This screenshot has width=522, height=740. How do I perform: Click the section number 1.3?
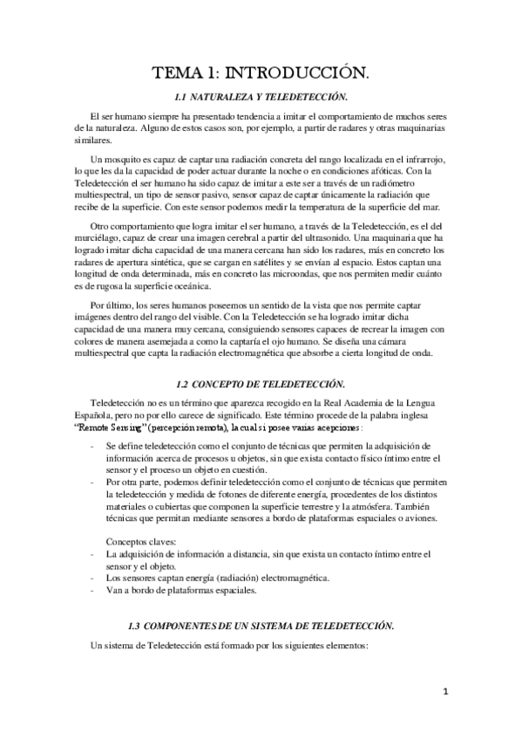click(x=134, y=626)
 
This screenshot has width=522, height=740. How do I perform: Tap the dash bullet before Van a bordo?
click(x=93, y=590)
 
